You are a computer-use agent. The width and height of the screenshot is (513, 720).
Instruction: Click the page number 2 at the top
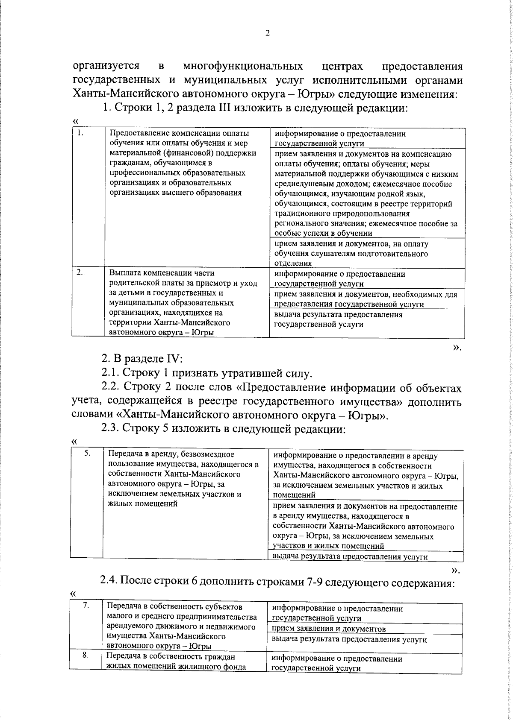point(267,34)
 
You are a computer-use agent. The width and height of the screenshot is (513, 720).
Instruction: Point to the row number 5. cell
point(87,454)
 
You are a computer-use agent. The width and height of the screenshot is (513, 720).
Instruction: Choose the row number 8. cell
point(85,668)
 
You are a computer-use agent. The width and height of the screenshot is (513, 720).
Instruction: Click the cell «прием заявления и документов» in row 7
point(329,641)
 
